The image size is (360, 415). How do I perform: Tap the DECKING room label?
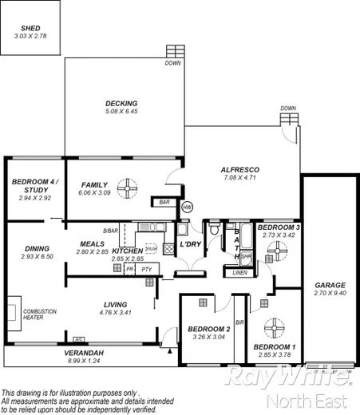[x=121, y=103]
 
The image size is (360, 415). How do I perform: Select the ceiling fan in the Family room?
[x=127, y=188]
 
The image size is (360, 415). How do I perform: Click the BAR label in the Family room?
[x=165, y=203]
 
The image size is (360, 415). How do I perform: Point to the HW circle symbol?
[x=188, y=207]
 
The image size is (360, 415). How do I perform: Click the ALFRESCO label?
[x=239, y=170]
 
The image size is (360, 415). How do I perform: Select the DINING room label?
[x=37, y=248]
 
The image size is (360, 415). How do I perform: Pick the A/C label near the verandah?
[x=78, y=339]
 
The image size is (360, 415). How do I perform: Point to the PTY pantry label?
[x=146, y=270]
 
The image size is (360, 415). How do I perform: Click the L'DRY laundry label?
[x=189, y=243]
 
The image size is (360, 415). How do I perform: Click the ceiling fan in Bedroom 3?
[x=276, y=251]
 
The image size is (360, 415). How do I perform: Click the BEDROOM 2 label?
[x=209, y=329]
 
